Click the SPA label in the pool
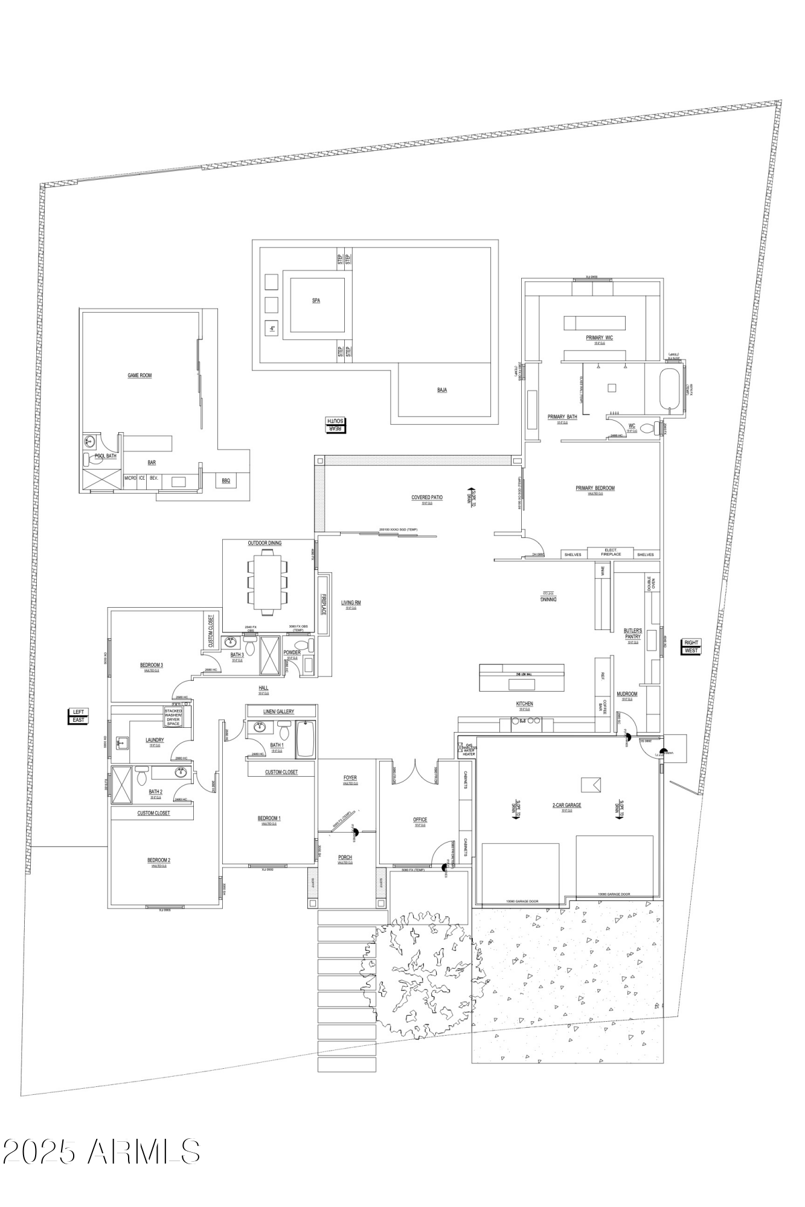coord(316,300)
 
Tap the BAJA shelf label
coord(442,390)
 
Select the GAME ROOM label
coord(140,375)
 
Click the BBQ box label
coord(226,480)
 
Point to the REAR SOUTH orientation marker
coord(335,425)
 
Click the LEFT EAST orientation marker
coord(79,716)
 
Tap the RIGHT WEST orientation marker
coord(691,646)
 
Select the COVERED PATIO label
coord(427,498)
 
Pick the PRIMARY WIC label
coord(599,338)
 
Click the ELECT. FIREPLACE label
coord(611,552)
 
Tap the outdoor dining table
coord(267,583)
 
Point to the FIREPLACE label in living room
coord(323,604)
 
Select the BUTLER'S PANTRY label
coord(632,634)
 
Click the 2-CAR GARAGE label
coord(566,805)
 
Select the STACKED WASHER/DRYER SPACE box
coord(173,717)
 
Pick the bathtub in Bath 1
coord(305,739)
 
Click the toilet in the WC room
coord(649,430)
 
